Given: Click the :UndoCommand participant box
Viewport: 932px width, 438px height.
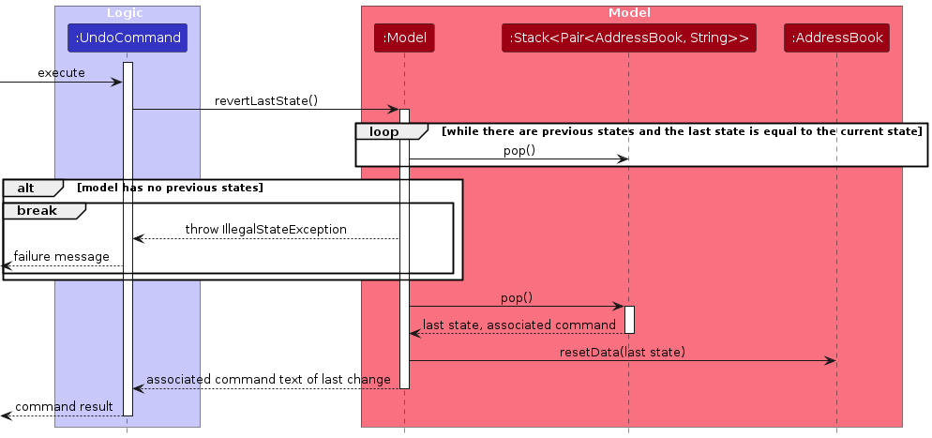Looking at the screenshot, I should tap(128, 38).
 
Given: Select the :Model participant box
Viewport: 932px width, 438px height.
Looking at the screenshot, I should tap(404, 38).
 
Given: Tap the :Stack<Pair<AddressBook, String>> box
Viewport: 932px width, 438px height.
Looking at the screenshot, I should tap(628, 38).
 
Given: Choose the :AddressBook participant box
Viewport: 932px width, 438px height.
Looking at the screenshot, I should tap(836, 38).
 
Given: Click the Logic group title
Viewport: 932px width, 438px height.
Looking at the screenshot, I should tap(126, 13).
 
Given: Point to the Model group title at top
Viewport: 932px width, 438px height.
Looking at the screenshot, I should tap(629, 13).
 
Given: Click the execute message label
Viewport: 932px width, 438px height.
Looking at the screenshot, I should tap(61, 73).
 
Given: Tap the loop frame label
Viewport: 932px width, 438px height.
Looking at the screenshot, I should tap(383, 132).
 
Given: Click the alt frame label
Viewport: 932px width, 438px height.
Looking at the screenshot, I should tap(27, 188).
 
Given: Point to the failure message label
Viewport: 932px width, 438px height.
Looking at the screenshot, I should tap(61, 257).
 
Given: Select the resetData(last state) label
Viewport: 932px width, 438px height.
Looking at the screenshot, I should tap(623, 352).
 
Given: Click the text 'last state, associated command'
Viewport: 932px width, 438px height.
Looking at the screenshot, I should tap(519, 325).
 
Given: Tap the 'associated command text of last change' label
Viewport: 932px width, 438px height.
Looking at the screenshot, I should tap(268, 380).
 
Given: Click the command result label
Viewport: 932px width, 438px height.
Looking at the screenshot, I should tap(64, 407).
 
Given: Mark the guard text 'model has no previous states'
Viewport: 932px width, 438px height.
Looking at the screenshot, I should tap(170, 188).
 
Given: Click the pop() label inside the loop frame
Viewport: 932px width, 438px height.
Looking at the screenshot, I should tap(519, 150).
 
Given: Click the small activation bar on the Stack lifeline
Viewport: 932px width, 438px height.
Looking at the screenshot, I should tap(629, 320).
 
